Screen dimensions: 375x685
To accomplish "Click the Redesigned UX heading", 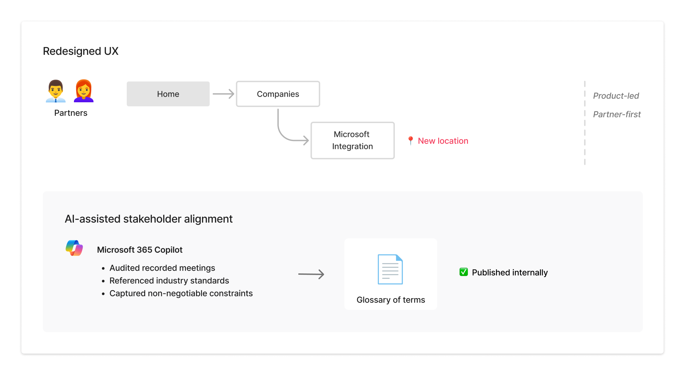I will [x=81, y=51].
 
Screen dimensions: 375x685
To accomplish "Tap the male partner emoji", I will [x=56, y=91].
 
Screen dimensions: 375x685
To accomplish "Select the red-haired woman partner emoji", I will [x=84, y=91].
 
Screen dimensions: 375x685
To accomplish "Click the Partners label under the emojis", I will [x=71, y=113].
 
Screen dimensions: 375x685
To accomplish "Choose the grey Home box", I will [x=168, y=94].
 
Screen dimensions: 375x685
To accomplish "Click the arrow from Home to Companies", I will [x=223, y=94].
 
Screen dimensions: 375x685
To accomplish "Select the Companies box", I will [x=278, y=94].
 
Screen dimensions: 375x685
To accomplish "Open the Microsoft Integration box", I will [x=352, y=140].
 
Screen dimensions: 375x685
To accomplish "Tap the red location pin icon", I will [x=410, y=140].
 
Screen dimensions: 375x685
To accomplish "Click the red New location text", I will [x=443, y=141].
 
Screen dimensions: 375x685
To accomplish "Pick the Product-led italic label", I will [x=616, y=96].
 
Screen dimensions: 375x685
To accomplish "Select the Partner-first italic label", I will [x=616, y=114].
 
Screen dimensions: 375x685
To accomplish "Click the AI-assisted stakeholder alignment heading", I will [x=149, y=219].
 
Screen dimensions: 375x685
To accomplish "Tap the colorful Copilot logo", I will [x=74, y=248].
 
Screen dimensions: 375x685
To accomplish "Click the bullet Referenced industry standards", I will [x=169, y=281].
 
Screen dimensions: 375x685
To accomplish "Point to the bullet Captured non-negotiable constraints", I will [x=181, y=293].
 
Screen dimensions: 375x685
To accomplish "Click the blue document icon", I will [x=390, y=269].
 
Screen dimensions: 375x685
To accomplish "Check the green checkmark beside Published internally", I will [x=464, y=272].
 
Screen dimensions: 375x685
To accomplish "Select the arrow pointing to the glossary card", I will [x=311, y=274].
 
